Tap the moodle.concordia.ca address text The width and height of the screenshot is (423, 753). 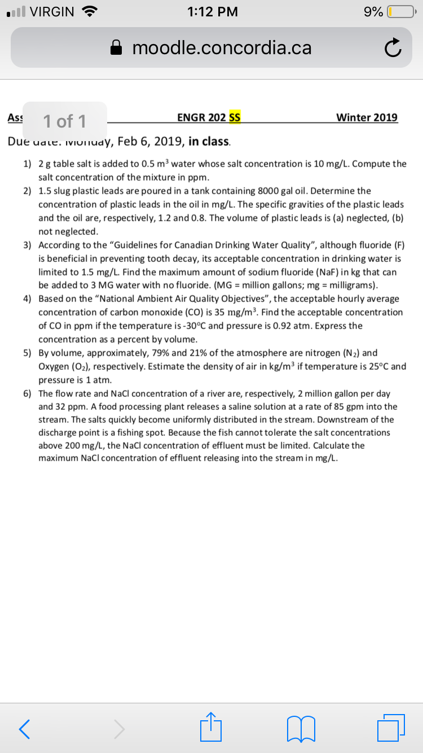pos(222,49)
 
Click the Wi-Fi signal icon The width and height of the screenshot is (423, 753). pos(89,11)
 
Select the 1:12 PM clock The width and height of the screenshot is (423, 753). pos(212,12)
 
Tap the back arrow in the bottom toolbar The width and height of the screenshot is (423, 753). pos(24,729)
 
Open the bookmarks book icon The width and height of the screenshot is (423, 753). pos(300,729)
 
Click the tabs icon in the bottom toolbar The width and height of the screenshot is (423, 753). pos(392,728)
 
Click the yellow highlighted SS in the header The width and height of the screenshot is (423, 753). pos(235,117)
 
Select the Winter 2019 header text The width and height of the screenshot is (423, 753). pos(367,117)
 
